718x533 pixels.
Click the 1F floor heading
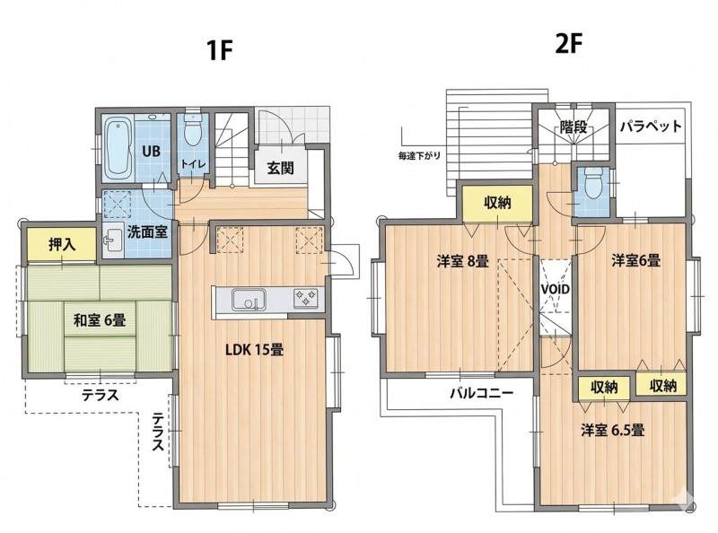pyautogui.click(x=220, y=50)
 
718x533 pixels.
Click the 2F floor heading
pyautogui.click(x=568, y=44)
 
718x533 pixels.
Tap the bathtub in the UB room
pyautogui.click(x=118, y=148)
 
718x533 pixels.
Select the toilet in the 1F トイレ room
pyautogui.click(x=192, y=129)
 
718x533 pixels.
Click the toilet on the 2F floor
pyautogui.click(x=593, y=184)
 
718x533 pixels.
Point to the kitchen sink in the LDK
pyautogui.click(x=249, y=300)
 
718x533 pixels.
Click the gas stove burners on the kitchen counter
pyautogui.click(x=305, y=298)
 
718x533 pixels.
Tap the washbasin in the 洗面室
pyautogui.click(x=113, y=240)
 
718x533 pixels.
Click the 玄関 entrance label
pyautogui.click(x=280, y=168)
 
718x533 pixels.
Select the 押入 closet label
pyautogui.click(x=62, y=245)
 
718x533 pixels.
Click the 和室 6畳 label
pyautogui.click(x=100, y=319)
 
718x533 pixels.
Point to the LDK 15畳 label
pyautogui.click(x=255, y=350)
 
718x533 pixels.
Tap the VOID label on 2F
pyautogui.click(x=556, y=290)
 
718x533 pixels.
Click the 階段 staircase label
pyautogui.click(x=574, y=127)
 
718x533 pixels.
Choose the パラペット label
pyautogui.click(x=652, y=126)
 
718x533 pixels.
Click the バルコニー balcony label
pyautogui.click(x=482, y=393)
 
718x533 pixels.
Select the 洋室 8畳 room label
pyautogui.click(x=462, y=261)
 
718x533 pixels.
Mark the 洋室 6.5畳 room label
pyautogui.click(x=613, y=431)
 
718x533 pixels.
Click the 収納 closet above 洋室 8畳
pyautogui.click(x=497, y=203)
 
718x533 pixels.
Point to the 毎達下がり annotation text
pyautogui.click(x=419, y=156)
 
